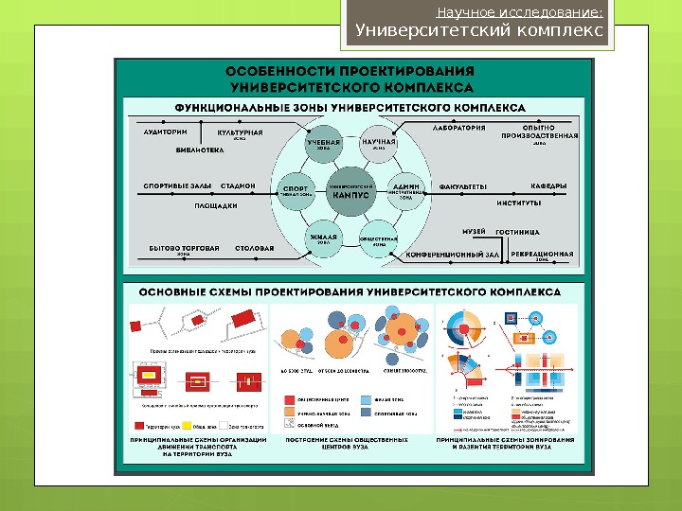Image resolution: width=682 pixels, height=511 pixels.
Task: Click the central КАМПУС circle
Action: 350,190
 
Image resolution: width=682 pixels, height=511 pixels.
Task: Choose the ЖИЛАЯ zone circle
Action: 323,236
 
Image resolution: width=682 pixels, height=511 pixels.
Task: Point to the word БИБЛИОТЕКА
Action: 200,149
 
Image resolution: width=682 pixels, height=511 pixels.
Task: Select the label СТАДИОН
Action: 238,185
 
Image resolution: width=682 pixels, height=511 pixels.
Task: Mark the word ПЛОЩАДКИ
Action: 215,204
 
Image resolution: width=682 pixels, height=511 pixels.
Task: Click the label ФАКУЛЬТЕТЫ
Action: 463,185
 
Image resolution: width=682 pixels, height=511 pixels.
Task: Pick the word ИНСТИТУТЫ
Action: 518,202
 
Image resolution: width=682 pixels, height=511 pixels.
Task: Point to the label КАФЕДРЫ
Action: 548,185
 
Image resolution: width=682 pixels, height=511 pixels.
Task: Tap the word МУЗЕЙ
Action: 474,230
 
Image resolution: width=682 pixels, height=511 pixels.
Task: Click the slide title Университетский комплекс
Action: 478,30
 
